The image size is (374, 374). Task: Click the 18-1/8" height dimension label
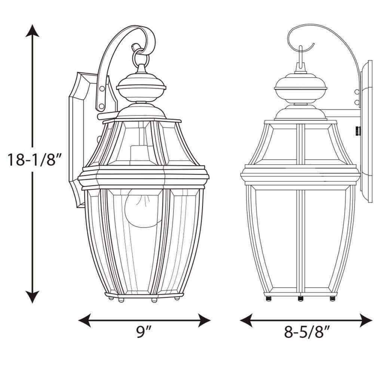[35, 159]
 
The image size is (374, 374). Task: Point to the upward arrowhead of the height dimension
[32, 31]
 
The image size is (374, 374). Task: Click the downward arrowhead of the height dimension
[32, 297]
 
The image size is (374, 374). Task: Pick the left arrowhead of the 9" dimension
[85, 321]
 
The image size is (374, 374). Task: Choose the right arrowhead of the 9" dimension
[204, 321]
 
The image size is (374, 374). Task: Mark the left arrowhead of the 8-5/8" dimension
[246, 321]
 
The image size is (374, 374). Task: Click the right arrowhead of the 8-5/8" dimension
[366, 321]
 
